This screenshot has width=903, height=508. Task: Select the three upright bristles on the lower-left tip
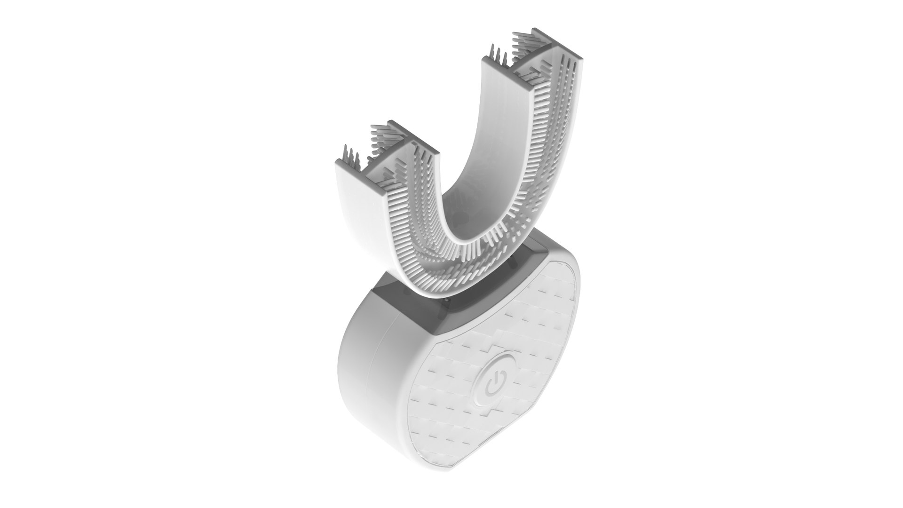(x=349, y=156)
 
